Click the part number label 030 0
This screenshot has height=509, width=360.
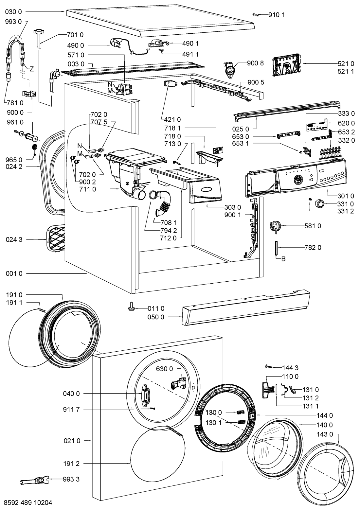tap(14, 11)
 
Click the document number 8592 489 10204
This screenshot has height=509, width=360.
tap(27, 502)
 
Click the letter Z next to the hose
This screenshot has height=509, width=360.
tap(31, 69)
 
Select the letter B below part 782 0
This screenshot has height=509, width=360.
tap(283, 259)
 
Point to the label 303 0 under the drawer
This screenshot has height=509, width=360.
tap(233, 207)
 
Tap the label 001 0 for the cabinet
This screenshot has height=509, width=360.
tap(14, 273)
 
